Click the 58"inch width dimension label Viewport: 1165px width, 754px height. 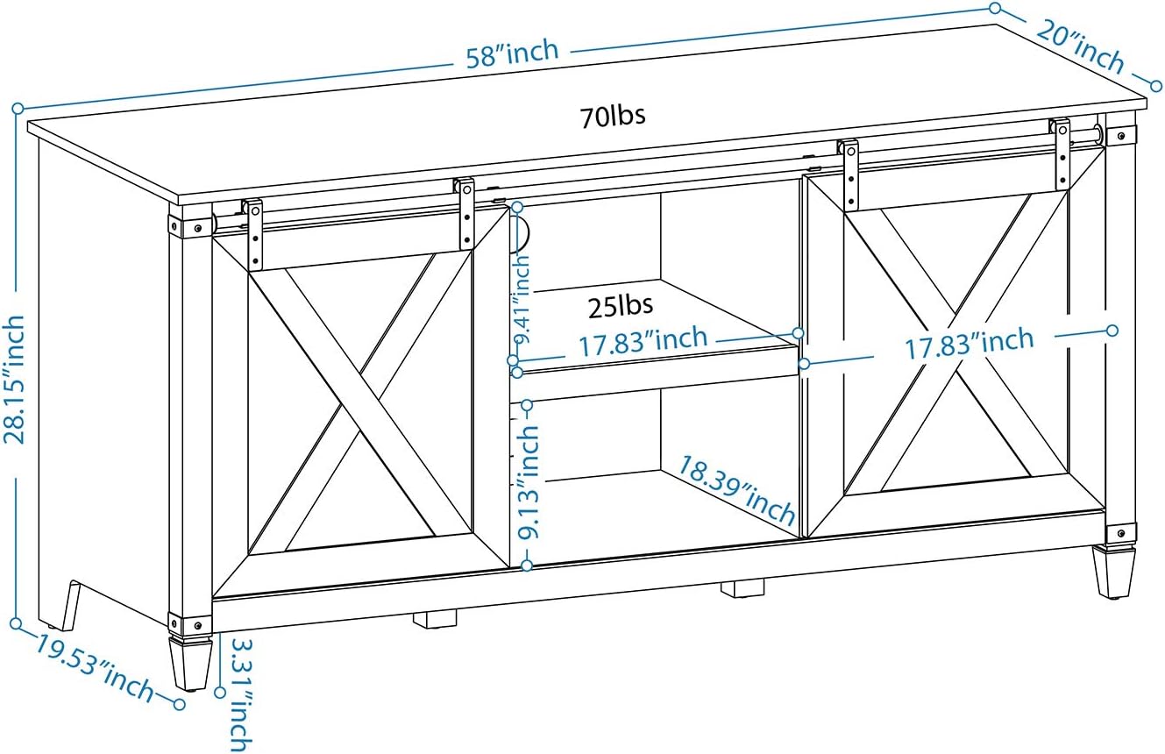click(x=512, y=53)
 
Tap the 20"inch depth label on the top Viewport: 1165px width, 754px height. click(x=1080, y=53)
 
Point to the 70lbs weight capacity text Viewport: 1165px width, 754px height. click(x=613, y=116)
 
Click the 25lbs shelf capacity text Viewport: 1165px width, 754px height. click(x=621, y=306)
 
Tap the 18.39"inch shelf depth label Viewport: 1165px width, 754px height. click(x=736, y=489)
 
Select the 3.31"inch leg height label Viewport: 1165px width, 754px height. click(x=240, y=695)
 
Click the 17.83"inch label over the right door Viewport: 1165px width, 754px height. click(x=970, y=343)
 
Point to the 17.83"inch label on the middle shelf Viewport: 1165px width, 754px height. click(x=643, y=342)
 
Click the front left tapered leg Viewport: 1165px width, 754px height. click(x=190, y=662)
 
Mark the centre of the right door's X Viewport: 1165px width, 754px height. click(x=955, y=342)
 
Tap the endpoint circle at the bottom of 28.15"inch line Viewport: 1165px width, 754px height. click(x=16, y=622)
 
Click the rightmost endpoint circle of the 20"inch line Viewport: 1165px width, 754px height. click(x=1155, y=85)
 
